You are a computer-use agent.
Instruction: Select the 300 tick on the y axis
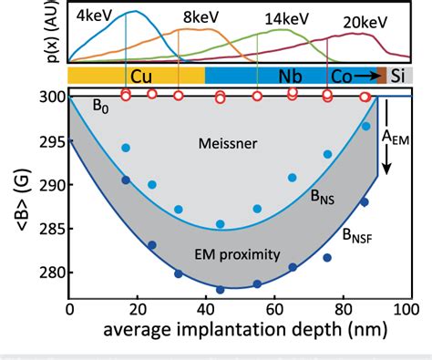[48, 97]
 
